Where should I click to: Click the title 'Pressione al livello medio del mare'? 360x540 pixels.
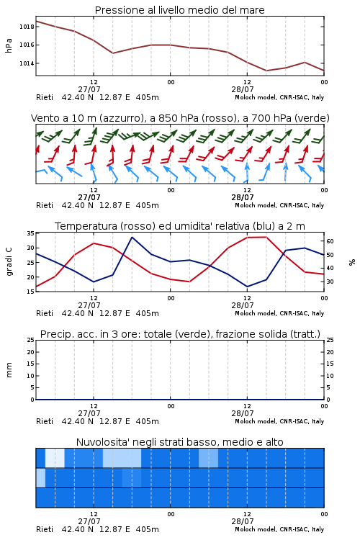click(179, 10)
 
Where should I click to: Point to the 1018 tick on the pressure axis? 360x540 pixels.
click(26, 27)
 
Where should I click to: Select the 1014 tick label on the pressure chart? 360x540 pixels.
click(26, 63)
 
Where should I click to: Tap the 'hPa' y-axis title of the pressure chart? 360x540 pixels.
click(9, 45)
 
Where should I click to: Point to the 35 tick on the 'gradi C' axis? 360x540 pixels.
click(31, 233)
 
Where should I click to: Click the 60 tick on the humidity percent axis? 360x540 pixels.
click(330, 241)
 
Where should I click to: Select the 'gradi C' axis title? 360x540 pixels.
click(9, 262)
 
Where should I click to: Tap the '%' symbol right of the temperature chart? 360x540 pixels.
click(352, 262)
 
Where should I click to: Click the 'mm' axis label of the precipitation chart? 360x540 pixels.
click(9, 370)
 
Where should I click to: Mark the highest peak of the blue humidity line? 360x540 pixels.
click(132, 237)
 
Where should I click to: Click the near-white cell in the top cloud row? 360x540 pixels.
click(55, 458)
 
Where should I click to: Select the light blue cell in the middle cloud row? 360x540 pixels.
click(40, 477)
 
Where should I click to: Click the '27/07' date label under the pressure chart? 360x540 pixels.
click(89, 89)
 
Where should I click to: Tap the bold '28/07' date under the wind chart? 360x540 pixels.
click(243, 197)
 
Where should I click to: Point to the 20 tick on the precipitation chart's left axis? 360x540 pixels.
click(31, 352)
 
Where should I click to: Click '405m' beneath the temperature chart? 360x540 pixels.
click(148, 313)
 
